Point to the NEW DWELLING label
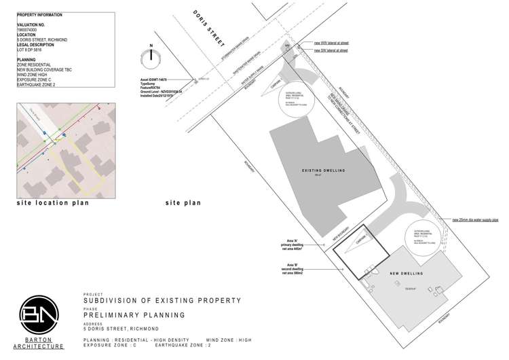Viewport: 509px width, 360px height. (407, 274)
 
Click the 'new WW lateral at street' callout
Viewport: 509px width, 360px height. (331, 43)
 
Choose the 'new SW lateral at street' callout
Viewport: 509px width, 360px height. (331, 50)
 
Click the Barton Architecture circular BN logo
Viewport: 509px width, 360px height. (42, 317)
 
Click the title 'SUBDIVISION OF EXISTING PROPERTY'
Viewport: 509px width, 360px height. (162, 300)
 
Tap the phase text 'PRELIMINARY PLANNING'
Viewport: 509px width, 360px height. (134, 316)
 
